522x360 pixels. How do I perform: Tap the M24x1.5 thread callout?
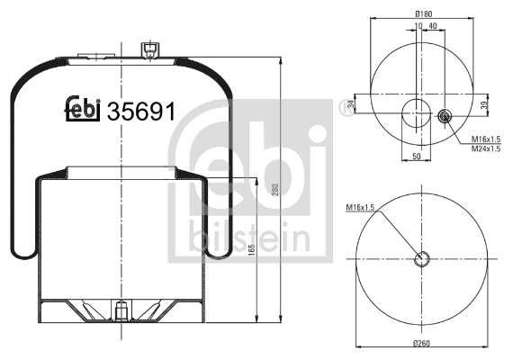485,148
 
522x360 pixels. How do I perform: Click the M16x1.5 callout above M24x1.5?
485,139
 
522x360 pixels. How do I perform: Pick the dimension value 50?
417,157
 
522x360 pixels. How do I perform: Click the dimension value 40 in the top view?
434,26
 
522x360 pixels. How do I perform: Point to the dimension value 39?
484,106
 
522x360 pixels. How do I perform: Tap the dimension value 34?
351,106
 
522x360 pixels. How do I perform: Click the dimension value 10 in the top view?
419,26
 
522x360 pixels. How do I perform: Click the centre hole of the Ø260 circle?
421,260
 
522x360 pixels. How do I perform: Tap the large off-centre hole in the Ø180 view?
417,116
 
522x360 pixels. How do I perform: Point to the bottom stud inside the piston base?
120,311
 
